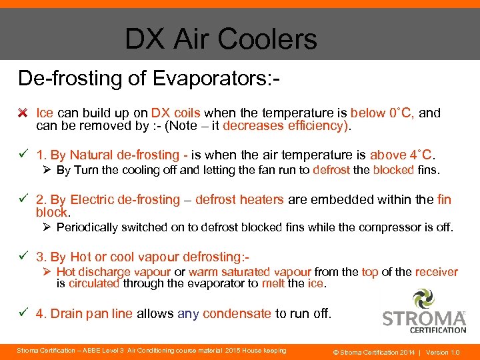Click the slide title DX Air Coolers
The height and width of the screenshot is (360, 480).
pos(221,39)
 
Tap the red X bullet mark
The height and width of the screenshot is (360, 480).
pos(23,113)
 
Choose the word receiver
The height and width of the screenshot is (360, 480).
pos(437,271)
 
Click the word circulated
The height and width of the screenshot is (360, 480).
pos(94,283)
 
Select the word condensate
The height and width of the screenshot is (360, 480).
pos(237,313)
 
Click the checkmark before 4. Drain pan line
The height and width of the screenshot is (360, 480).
pos(23,313)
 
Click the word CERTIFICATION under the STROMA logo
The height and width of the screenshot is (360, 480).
pos(437,329)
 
